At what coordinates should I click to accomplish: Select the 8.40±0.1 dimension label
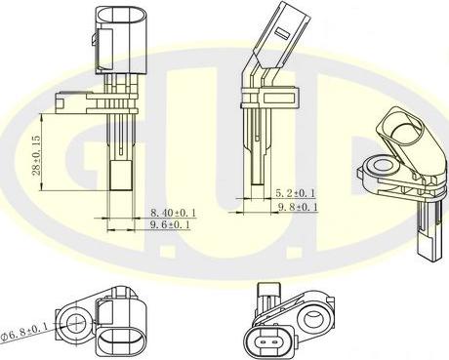tap(173, 211)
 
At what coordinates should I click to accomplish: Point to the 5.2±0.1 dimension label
tap(296, 192)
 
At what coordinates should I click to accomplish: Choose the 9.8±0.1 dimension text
tap(296, 207)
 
